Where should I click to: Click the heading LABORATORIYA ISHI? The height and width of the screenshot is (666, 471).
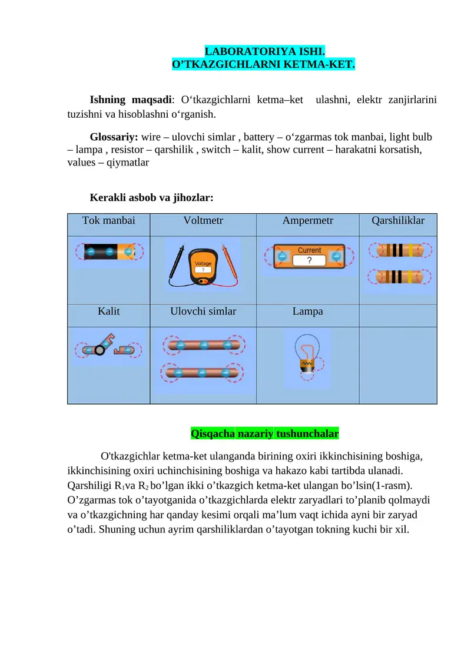(x=264, y=52)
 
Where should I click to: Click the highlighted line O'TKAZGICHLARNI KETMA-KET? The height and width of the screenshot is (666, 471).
(x=263, y=64)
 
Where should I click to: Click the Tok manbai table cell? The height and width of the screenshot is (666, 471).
(x=108, y=221)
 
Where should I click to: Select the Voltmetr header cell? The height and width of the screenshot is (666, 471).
(x=203, y=221)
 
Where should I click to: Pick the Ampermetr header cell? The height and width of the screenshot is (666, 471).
(x=307, y=221)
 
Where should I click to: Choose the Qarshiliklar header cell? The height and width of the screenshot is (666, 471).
(x=398, y=221)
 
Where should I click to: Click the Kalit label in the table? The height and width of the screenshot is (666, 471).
(x=108, y=311)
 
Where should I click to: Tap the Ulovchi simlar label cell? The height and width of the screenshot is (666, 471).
(x=203, y=311)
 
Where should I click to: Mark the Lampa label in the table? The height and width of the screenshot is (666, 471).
(x=307, y=311)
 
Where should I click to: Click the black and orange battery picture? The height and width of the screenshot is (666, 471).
(x=109, y=252)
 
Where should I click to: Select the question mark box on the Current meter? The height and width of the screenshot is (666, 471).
(x=309, y=260)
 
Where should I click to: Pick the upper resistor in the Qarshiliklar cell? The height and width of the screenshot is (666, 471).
(x=399, y=251)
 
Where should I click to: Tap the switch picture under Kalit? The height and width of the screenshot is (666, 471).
(x=108, y=349)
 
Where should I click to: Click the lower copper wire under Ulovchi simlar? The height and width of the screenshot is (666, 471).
(x=202, y=372)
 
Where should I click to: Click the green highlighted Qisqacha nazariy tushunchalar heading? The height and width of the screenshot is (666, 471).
(x=264, y=434)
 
